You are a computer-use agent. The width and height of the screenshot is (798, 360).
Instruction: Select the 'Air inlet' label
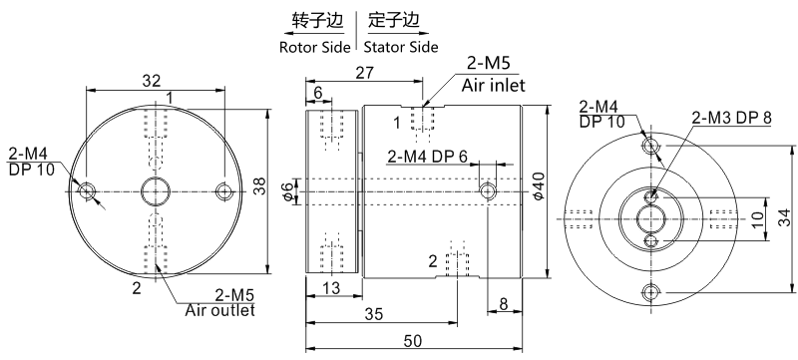[x=493, y=86]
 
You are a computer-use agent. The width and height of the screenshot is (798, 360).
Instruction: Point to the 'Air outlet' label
[x=219, y=310]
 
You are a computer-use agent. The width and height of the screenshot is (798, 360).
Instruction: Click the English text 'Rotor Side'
[x=315, y=46]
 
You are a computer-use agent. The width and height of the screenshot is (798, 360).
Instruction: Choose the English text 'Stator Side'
[x=402, y=46]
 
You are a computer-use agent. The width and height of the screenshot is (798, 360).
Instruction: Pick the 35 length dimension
[x=373, y=313]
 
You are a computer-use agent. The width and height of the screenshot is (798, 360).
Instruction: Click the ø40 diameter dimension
[x=540, y=183]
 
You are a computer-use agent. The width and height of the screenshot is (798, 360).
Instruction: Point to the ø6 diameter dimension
[x=288, y=190]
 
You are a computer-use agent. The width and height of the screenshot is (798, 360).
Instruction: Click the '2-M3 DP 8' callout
[x=731, y=117]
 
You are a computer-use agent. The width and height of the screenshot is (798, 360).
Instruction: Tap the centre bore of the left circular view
[x=155, y=189]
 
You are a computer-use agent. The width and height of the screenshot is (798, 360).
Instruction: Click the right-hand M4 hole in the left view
[x=223, y=189]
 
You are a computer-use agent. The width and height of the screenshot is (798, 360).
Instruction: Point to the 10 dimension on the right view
[x=756, y=218]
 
